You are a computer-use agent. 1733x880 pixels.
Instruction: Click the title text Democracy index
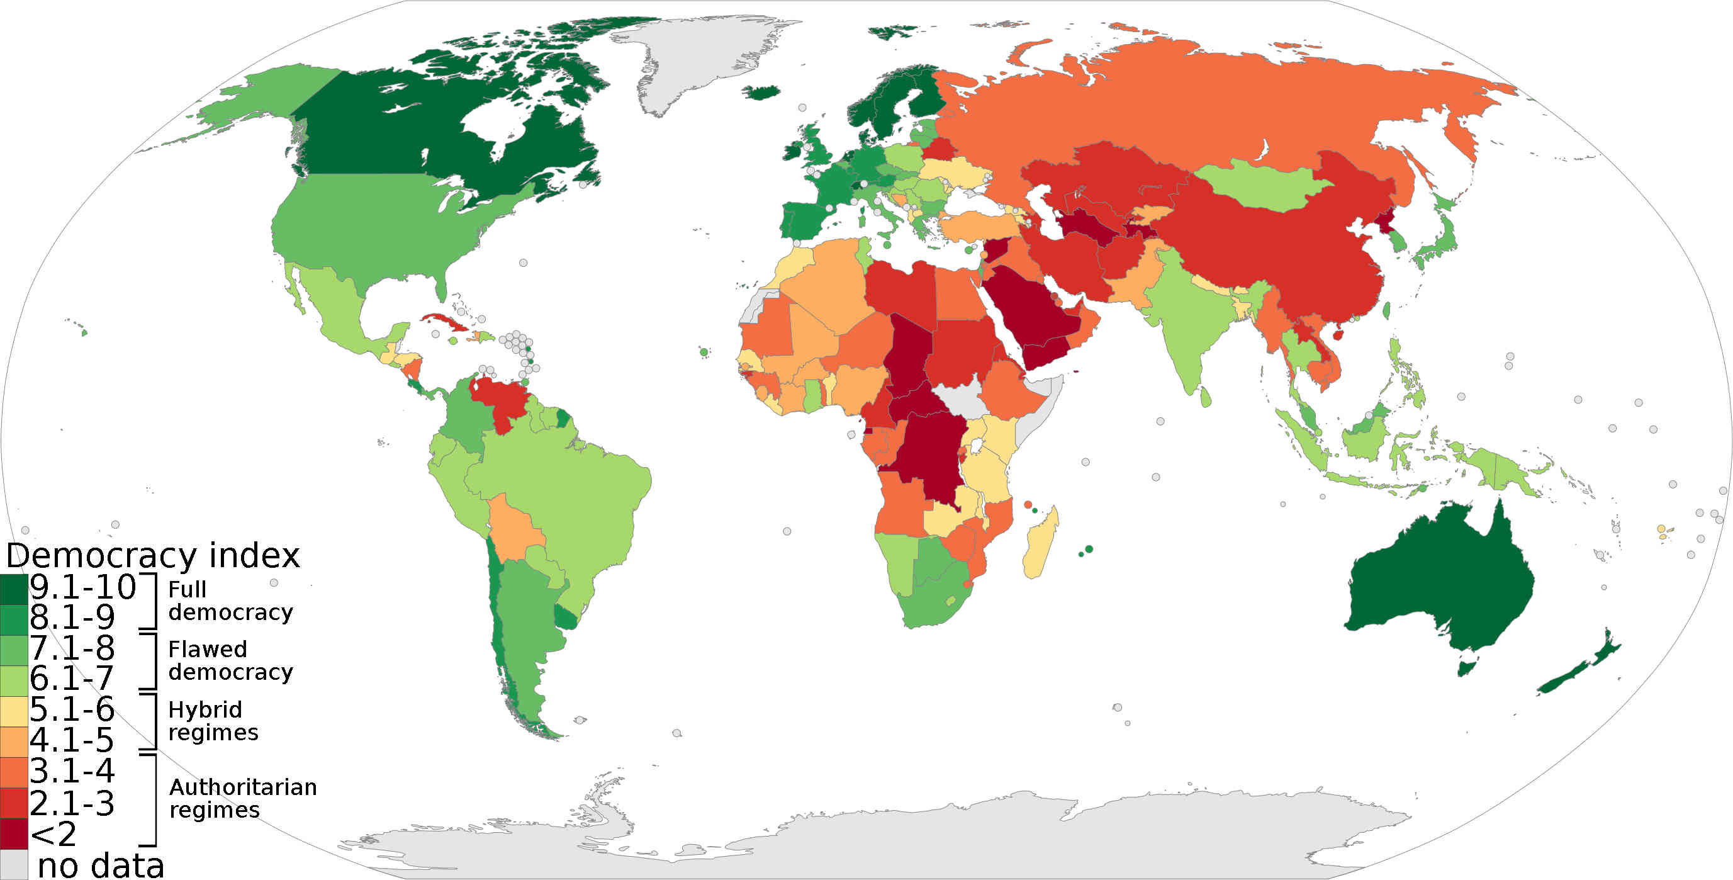click(x=153, y=556)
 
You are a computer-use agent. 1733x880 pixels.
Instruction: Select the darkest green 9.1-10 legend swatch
click(x=13, y=589)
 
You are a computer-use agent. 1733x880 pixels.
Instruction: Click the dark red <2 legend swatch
click(x=13, y=833)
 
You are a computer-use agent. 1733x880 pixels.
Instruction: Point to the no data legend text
click(x=101, y=865)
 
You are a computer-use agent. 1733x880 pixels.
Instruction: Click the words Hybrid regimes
click(x=213, y=721)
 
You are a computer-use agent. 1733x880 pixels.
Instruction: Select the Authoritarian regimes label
click(x=242, y=798)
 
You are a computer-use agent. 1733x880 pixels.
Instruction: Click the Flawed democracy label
click(x=230, y=660)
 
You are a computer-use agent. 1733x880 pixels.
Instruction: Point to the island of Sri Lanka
click(x=1206, y=397)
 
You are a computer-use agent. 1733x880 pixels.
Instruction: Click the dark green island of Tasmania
click(x=1467, y=668)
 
